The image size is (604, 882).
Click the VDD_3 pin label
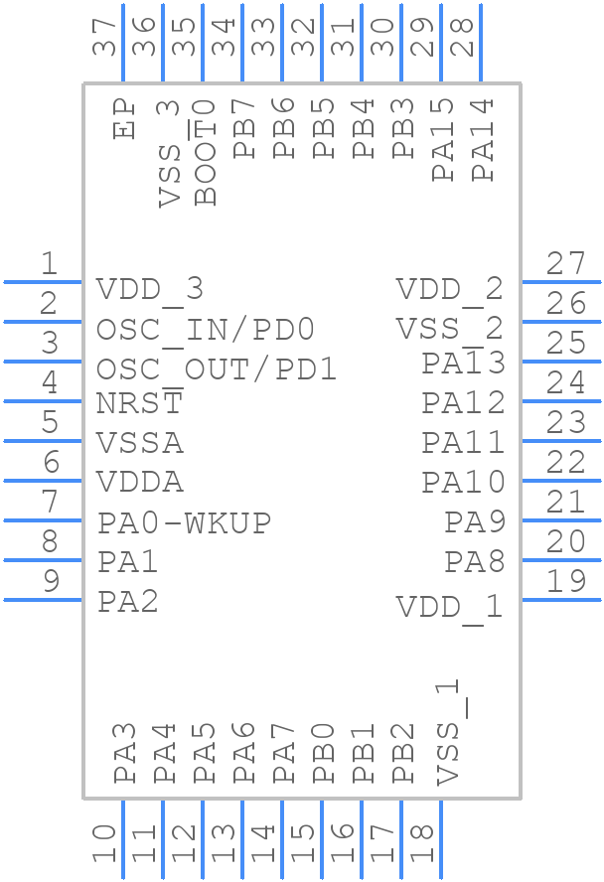(x=150, y=289)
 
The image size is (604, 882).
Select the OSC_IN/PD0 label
(x=206, y=329)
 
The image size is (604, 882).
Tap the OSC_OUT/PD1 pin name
(x=217, y=369)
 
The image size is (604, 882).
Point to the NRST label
(x=140, y=403)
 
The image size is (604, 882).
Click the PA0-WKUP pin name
(x=185, y=522)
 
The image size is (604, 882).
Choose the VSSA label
(x=140, y=443)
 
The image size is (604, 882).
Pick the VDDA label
(x=140, y=483)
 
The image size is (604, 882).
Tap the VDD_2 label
(x=450, y=289)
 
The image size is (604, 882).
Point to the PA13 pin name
(x=464, y=364)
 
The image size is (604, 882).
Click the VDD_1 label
(x=450, y=606)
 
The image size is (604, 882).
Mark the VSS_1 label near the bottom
(x=450, y=733)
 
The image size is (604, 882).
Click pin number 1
(x=49, y=264)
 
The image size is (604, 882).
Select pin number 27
(x=567, y=264)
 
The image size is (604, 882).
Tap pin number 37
(x=104, y=39)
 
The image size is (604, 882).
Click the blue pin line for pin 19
(x=561, y=600)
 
